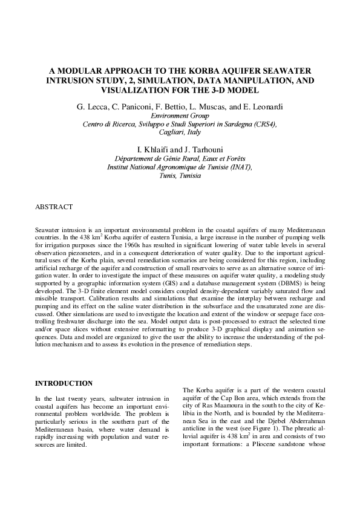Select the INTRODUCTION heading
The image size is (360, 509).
(64, 383)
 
